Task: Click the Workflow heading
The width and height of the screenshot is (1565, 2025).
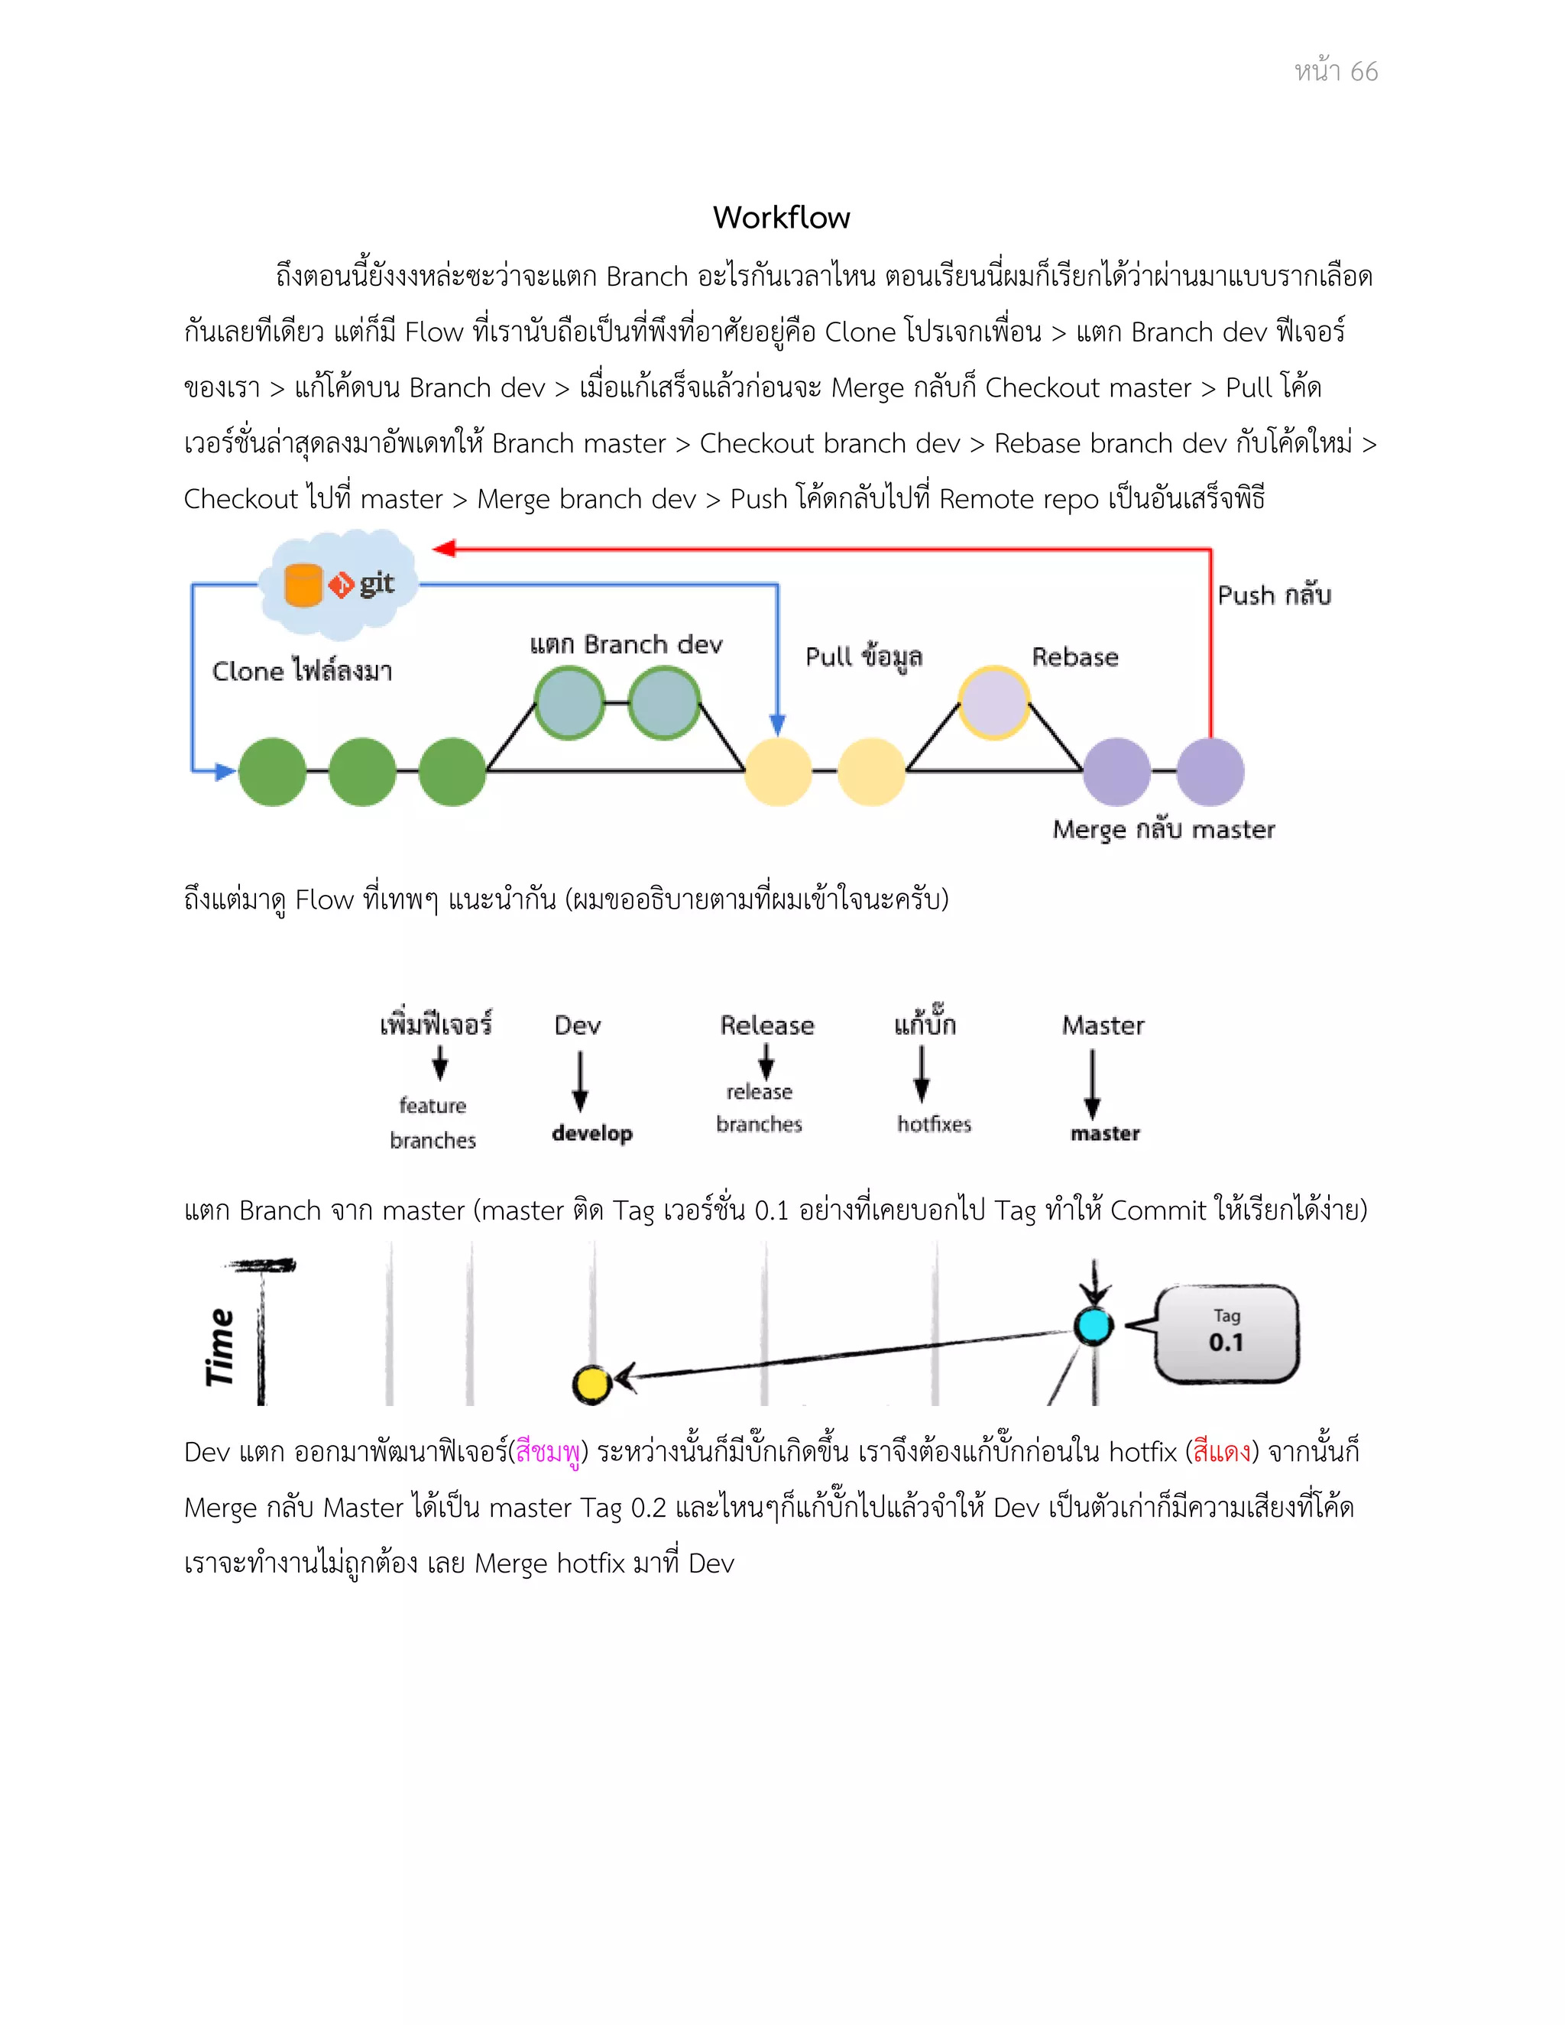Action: [781, 218]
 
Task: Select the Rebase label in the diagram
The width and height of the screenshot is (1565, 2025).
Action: [1074, 657]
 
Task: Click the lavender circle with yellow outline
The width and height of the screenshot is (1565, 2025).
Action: [993, 703]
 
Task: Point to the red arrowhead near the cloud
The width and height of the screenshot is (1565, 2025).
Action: [444, 549]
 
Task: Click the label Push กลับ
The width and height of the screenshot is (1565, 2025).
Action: [1274, 595]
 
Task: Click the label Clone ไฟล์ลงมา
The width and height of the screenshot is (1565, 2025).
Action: [303, 670]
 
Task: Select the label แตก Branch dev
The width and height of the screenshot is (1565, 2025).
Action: [626, 644]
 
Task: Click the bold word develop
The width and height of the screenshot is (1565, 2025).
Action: [591, 1133]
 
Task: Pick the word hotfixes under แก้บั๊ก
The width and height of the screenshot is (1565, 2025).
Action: [934, 1125]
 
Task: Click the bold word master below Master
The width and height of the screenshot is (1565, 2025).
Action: [1104, 1133]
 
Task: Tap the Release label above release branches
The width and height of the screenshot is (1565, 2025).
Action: [766, 1025]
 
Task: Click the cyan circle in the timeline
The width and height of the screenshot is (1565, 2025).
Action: [1093, 1326]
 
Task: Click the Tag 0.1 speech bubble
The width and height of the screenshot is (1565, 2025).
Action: [1226, 1333]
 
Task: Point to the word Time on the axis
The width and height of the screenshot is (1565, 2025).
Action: [220, 1346]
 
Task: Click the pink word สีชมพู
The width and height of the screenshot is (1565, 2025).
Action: [548, 1452]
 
